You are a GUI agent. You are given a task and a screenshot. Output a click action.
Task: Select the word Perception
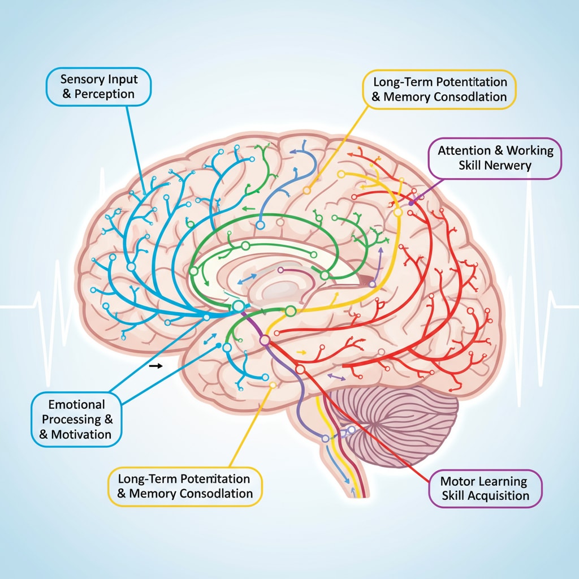point(106,93)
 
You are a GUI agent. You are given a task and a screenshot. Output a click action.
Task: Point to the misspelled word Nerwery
point(509,166)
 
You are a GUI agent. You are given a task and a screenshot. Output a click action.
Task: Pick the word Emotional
point(76,404)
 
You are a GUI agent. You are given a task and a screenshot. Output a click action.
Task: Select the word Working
point(530,150)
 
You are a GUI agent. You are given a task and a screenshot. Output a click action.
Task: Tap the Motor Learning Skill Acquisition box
point(485,489)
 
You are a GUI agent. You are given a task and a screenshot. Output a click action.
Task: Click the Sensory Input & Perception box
point(99,86)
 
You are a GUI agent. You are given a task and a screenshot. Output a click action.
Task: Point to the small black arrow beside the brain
point(155,366)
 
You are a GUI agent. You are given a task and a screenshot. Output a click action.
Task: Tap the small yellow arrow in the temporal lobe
point(301,352)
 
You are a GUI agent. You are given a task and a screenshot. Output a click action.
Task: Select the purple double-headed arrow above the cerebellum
point(337,375)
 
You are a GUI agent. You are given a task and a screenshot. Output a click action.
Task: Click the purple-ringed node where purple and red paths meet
point(264,340)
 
